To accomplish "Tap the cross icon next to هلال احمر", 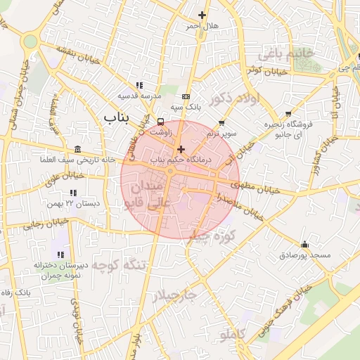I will point(202,15).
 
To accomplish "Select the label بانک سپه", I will point(188,108).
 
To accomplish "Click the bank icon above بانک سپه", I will point(185,97).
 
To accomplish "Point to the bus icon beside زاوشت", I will point(161,121).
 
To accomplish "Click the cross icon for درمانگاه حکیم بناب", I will point(181,149).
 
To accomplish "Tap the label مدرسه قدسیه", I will point(139,95).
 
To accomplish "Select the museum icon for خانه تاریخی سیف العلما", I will point(77,150).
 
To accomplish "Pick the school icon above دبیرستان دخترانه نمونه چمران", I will point(60,254).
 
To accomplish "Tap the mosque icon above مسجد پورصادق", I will point(304,245).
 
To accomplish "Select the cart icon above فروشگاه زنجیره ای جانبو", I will point(288,114).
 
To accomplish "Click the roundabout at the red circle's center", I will point(170,172).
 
